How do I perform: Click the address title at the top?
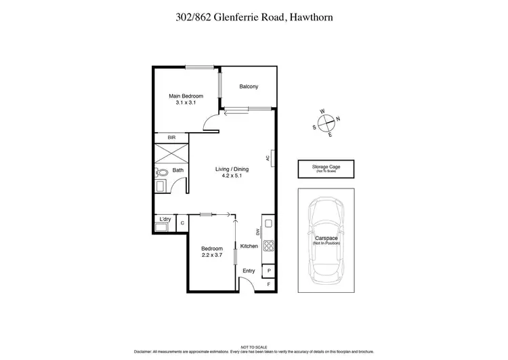253,19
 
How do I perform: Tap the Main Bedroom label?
186,96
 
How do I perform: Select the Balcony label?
249,87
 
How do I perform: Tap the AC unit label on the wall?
268,159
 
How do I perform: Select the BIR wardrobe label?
161,137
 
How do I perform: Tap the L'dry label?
164,220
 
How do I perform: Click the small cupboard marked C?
182,223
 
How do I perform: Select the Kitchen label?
249,246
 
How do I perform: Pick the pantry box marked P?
269,271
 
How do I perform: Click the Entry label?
249,271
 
